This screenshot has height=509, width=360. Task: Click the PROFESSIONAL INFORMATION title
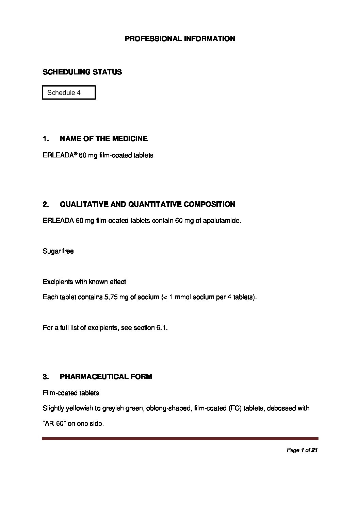[180, 39]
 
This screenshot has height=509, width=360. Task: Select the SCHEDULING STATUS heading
[82, 72]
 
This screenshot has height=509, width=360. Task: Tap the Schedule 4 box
[69, 92]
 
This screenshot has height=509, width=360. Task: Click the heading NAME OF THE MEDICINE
[103, 139]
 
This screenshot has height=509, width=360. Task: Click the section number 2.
[46, 204]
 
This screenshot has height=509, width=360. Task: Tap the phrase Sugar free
[58, 251]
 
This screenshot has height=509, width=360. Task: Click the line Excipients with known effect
[84, 282]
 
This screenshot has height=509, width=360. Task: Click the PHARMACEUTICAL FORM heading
[106, 377]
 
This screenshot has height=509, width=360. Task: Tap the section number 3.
[46, 377]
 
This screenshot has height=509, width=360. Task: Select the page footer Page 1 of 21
[302, 450]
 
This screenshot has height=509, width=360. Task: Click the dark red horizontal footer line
[180, 439]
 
